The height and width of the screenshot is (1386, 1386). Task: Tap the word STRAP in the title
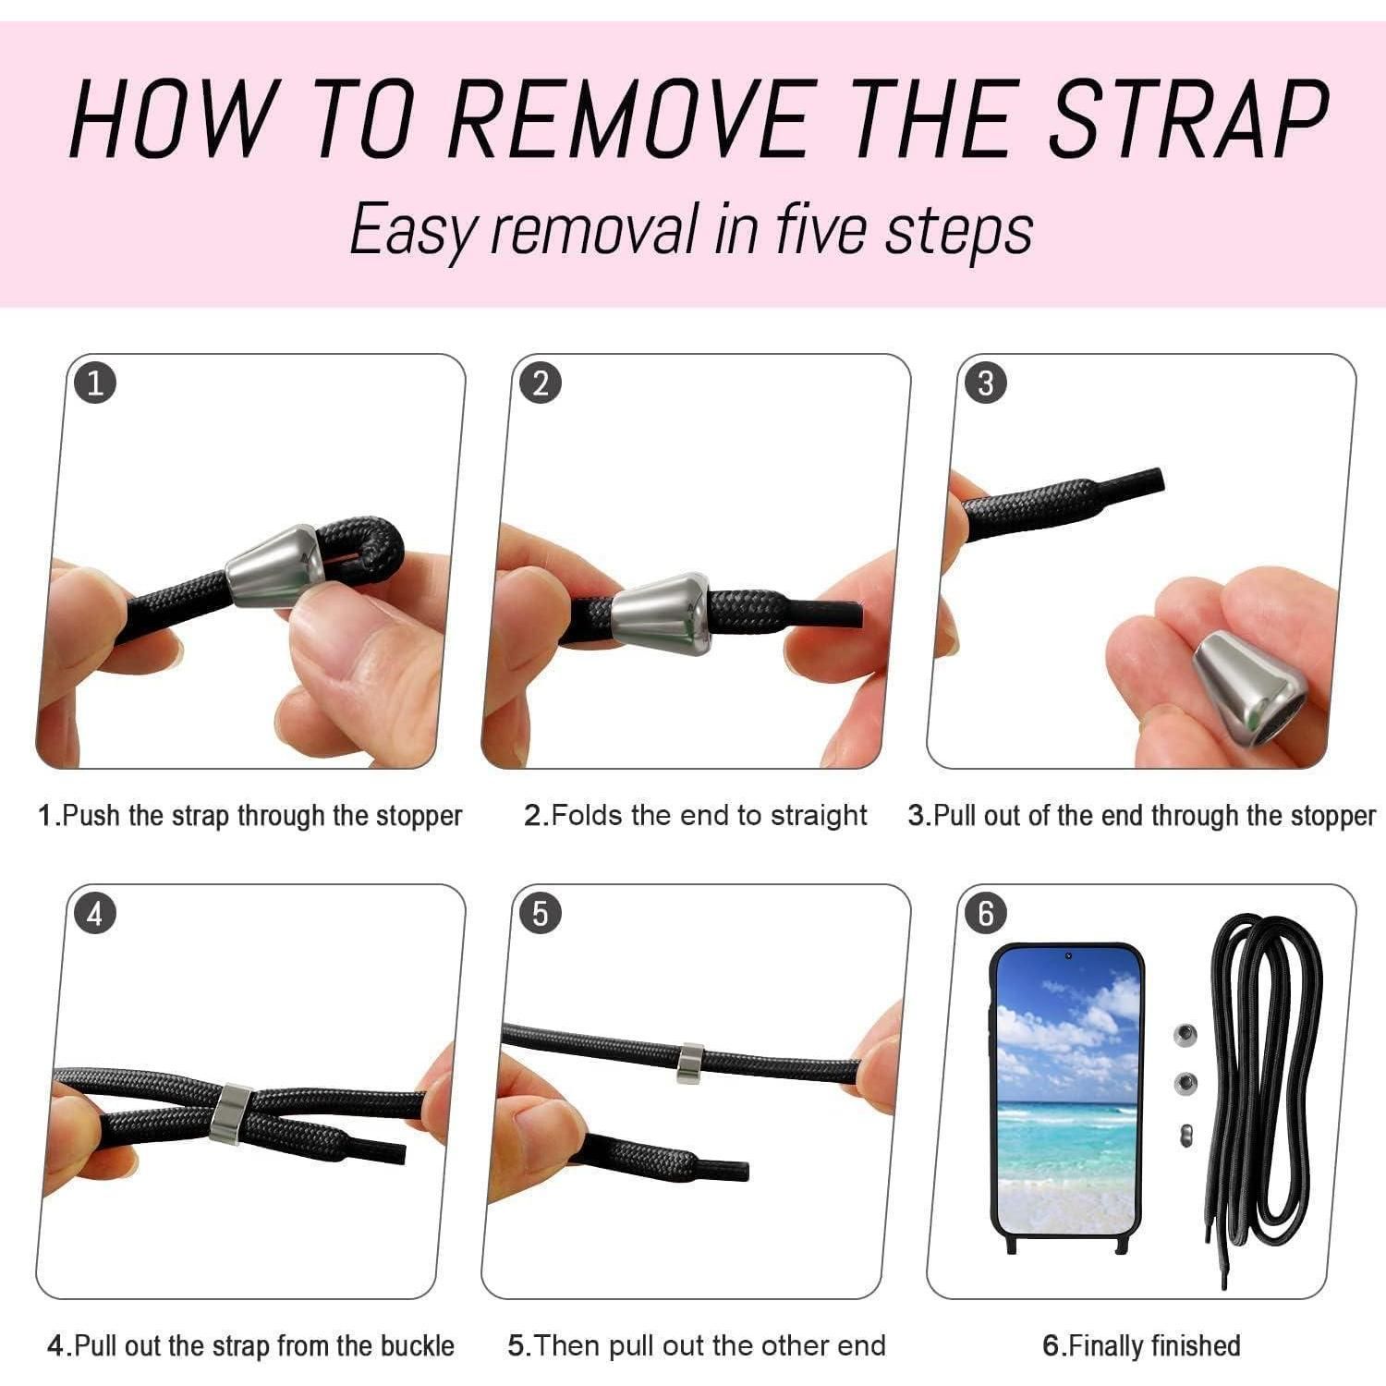tap(1189, 119)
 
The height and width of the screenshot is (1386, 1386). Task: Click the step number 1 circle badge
tap(95, 383)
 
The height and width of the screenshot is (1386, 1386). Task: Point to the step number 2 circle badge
tap(541, 383)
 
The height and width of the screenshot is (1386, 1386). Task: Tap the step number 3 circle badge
tap(985, 383)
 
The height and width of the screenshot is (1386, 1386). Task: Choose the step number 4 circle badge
tap(95, 914)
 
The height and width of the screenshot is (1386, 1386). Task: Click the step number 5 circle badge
tap(541, 914)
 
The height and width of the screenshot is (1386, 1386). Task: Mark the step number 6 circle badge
tap(985, 914)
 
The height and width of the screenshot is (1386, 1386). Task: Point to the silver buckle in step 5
tap(689, 1063)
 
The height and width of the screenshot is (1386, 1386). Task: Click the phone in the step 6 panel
tap(1067, 1098)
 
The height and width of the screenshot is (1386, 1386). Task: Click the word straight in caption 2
tap(818, 817)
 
